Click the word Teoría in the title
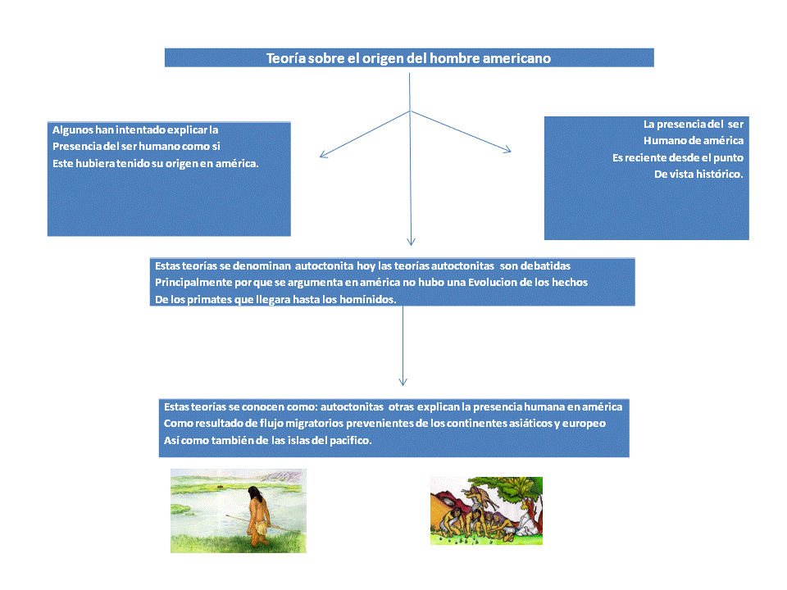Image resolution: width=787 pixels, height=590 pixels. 285,59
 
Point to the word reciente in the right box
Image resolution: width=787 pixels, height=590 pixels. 656,157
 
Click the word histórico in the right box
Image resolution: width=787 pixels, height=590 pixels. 717,174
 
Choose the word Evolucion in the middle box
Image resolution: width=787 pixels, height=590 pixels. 494,283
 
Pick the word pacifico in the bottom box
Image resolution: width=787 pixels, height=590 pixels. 348,441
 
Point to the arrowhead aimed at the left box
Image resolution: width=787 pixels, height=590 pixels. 322,154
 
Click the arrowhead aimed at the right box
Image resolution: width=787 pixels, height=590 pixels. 508,149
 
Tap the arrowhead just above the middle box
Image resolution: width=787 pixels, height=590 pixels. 411,242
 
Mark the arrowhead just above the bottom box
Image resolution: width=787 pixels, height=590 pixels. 403,381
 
